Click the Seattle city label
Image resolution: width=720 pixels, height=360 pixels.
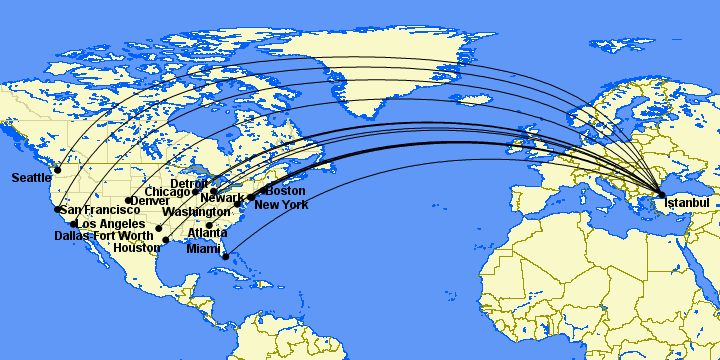[x=32, y=178]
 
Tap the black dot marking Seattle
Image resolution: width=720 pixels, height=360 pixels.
[x=58, y=170]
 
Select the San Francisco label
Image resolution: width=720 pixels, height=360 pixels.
[x=100, y=210]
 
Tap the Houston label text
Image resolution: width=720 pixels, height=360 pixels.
[x=137, y=248]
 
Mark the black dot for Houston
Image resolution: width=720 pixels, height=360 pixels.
[x=166, y=240]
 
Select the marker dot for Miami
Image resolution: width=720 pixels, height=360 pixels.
[x=226, y=257]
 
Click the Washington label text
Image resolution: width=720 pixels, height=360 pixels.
[x=198, y=213]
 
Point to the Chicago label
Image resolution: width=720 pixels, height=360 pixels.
[x=167, y=192]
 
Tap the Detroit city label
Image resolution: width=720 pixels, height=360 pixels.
[x=190, y=184]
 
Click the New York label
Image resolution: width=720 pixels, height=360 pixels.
[x=281, y=205]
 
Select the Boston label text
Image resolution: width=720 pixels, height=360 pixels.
[x=286, y=191]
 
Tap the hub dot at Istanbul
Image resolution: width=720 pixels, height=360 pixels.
[x=661, y=194]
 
